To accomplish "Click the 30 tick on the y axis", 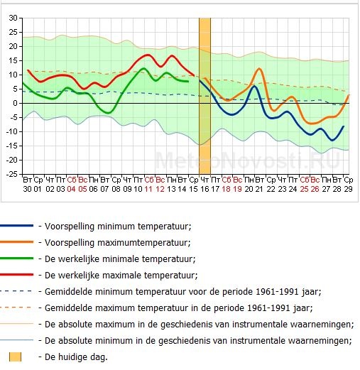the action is pos(13,18).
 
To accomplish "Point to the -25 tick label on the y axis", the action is pos(12,175).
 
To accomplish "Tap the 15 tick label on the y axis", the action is pos(13,60).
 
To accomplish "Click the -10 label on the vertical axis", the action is pos(12,132).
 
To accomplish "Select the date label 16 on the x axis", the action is pos(204,189).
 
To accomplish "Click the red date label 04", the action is pos(71,189).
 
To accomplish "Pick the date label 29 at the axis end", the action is pos(348,189).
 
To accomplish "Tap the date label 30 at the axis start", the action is pos(27,189).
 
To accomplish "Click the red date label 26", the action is pos(315,189).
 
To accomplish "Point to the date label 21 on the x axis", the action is pos(260,189).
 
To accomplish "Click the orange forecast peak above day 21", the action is pos(259,69).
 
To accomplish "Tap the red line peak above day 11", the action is pos(148,55).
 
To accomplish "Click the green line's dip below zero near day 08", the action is pos(108,113).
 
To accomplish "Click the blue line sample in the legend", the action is pos(16,226).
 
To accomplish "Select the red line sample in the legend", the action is pos(16,275).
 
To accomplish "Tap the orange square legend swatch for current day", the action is pos(15,357).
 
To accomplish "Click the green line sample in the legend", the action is pos(16,259).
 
